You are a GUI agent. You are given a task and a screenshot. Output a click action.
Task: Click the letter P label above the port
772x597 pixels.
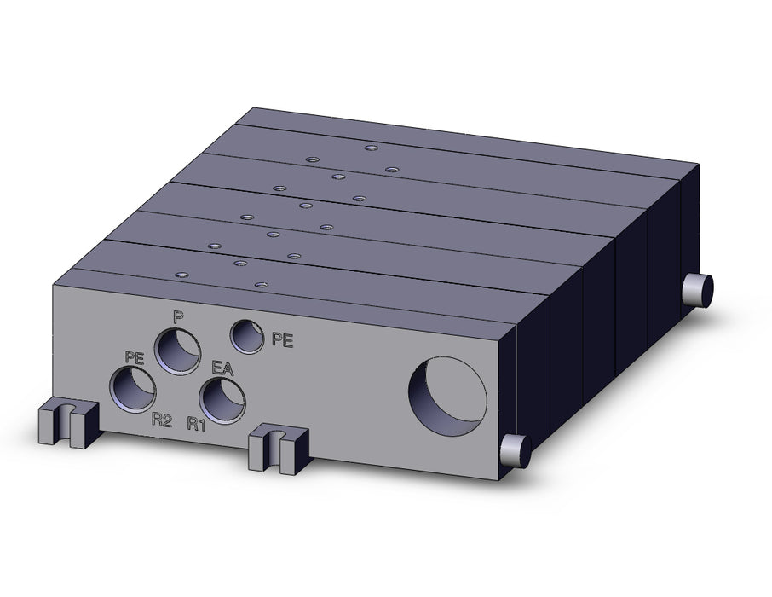point(178,317)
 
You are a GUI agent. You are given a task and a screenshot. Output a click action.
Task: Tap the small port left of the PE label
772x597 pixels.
point(248,336)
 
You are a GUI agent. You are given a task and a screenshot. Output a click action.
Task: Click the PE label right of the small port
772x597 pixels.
point(283,339)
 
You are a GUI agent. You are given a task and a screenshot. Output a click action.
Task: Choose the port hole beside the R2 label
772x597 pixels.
point(133,389)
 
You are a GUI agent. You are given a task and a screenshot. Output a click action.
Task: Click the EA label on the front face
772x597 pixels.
point(222,368)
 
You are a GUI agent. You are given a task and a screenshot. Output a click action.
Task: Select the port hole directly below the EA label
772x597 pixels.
point(222,400)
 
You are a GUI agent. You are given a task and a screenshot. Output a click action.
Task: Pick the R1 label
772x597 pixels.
point(197,424)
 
